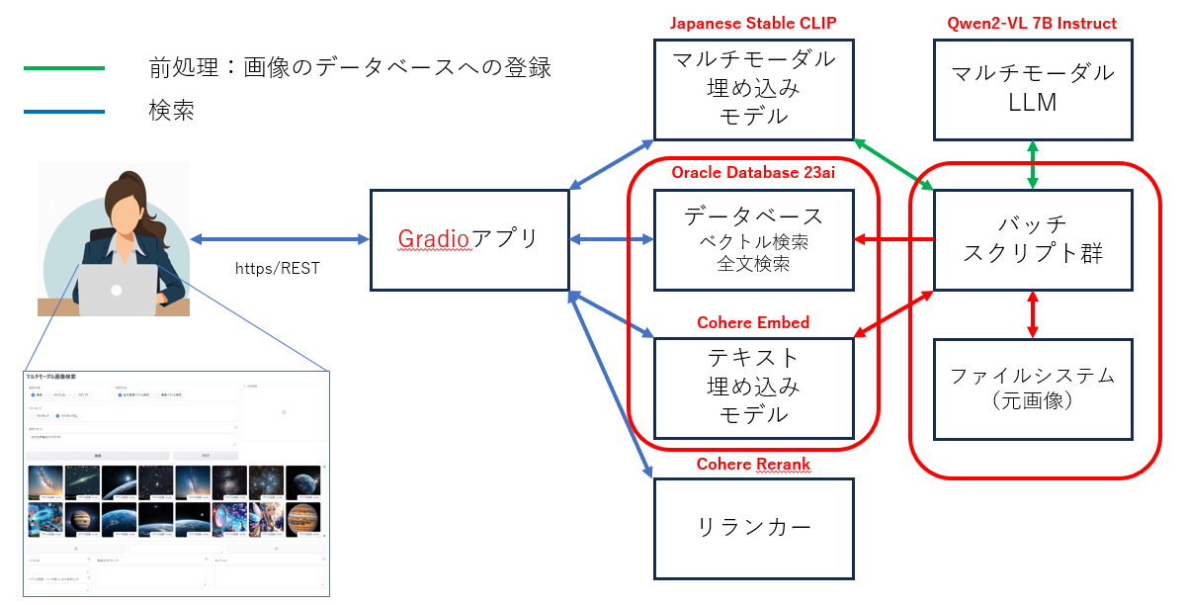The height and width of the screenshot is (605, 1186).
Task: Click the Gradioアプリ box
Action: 469,239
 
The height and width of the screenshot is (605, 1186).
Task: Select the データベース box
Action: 753,239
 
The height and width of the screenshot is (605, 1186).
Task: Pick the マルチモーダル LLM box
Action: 1033,88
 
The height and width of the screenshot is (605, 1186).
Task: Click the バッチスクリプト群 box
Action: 1033,239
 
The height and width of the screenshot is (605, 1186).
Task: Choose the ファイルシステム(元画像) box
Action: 1033,389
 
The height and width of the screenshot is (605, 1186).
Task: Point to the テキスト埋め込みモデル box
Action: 753,386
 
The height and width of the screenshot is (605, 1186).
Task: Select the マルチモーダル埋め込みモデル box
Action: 753,88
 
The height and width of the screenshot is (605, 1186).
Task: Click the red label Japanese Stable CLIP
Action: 753,23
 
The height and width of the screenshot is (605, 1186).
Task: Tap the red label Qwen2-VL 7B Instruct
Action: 1033,23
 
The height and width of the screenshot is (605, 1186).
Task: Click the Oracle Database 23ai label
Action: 753,173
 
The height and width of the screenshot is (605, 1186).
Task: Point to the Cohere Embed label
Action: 753,322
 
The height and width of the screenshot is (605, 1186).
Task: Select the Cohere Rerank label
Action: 753,464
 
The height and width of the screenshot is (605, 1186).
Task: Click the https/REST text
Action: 278,268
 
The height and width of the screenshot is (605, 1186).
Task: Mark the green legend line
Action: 64,68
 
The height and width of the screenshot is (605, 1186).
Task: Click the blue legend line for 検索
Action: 64,111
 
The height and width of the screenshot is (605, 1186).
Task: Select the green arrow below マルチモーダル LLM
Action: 1033,164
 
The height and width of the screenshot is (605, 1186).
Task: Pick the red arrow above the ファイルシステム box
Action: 1033,314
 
